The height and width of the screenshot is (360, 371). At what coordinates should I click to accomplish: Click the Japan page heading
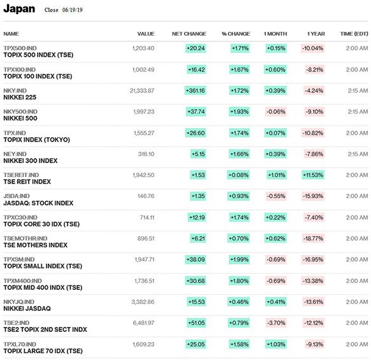(x=19, y=9)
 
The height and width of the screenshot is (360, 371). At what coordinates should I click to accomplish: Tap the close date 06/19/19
(x=73, y=10)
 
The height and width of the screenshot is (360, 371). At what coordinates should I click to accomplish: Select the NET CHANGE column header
(x=189, y=34)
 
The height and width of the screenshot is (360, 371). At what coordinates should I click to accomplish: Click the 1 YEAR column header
(x=316, y=34)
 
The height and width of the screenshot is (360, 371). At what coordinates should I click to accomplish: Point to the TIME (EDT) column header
(x=354, y=34)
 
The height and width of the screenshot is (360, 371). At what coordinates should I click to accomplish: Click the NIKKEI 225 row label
(x=20, y=97)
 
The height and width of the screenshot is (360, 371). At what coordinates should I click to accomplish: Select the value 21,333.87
(x=142, y=90)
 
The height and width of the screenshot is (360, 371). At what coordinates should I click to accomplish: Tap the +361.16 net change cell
(x=195, y=90)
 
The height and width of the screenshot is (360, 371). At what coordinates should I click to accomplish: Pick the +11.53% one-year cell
(x=313, y=175)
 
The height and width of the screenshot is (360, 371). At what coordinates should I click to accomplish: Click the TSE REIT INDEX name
(x=27, y=182)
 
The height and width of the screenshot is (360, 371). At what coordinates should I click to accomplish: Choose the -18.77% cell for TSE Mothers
(x=313, y=238)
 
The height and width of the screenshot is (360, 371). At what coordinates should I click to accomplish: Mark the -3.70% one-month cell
(x=276, y=323)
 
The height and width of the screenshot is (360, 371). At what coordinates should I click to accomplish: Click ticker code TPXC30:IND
(x=20, y=217)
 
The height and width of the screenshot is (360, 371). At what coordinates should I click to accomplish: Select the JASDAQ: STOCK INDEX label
(x=38, y=203)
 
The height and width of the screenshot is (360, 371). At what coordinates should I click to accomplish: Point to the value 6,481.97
(x=144, y=323)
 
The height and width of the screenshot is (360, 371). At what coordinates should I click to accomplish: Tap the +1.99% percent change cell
(x=239, y=259)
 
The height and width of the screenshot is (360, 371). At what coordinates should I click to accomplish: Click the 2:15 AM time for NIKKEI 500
(x=358, y=112)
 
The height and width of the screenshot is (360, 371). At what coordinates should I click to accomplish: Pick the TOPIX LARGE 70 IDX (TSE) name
(x=43, y=351)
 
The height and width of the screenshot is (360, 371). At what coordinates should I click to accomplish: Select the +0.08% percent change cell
(x=238, y=175)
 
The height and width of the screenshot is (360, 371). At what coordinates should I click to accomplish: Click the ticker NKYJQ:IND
(x=19, y=302)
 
